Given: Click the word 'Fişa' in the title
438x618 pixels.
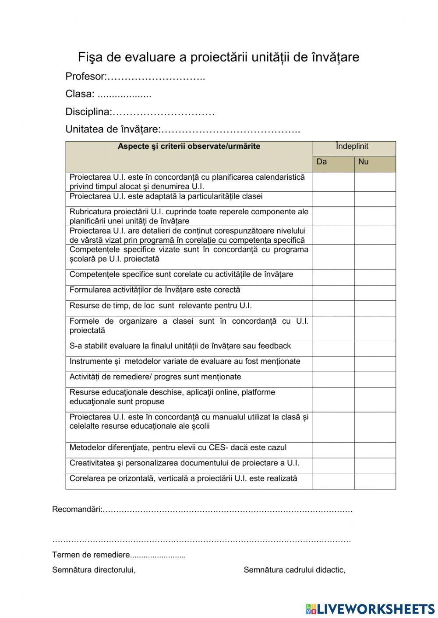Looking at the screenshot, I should coord(90,57).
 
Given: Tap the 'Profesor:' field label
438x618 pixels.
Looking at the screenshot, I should coord(86,77).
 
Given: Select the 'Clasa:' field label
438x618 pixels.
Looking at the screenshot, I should coord(80,94).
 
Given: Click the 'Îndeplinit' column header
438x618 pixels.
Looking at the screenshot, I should coord(352,147).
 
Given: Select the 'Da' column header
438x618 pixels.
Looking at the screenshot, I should coord(322,162).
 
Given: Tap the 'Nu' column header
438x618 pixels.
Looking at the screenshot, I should coord(363,162).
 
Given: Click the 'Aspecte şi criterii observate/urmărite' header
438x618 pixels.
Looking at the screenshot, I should coord(189,147).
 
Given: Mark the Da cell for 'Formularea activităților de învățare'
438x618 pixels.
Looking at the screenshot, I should coord(333,293).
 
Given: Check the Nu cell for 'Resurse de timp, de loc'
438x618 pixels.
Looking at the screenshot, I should coord(374,308).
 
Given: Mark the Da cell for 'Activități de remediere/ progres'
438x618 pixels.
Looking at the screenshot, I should coord(333,379).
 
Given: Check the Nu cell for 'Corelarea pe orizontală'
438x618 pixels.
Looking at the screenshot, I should coord(374,481).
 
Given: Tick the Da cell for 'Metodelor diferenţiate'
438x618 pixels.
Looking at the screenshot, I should coord(333,450).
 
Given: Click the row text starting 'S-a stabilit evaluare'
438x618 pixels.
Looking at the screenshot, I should coord(180,346).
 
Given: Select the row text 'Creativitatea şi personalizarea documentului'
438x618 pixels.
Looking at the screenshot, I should coord(184,463).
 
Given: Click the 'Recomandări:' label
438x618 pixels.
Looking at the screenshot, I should coord(77,510).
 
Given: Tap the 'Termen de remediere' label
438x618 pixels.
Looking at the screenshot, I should coord(91,555).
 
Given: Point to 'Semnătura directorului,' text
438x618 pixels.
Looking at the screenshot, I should coord(94,570).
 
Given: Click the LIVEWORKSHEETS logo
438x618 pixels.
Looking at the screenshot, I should coord(370,608).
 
